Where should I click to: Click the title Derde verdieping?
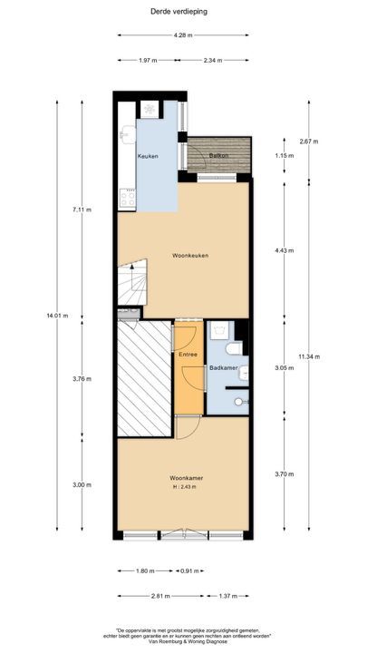179,12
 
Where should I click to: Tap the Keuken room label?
148,156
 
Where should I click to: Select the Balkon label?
219,155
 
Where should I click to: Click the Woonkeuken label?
190,255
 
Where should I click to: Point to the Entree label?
188,355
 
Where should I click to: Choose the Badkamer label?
224,368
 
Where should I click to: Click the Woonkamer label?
186,478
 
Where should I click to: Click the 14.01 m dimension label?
57,316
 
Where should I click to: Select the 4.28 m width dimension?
183,35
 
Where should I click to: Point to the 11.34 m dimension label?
309,356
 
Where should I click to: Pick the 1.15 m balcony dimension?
285,156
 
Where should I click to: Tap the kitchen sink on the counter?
128,134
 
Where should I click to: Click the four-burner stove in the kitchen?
128,199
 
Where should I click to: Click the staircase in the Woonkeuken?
132,282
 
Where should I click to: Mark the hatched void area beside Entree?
144,378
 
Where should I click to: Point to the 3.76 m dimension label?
82,379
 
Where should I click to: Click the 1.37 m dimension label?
228,596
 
